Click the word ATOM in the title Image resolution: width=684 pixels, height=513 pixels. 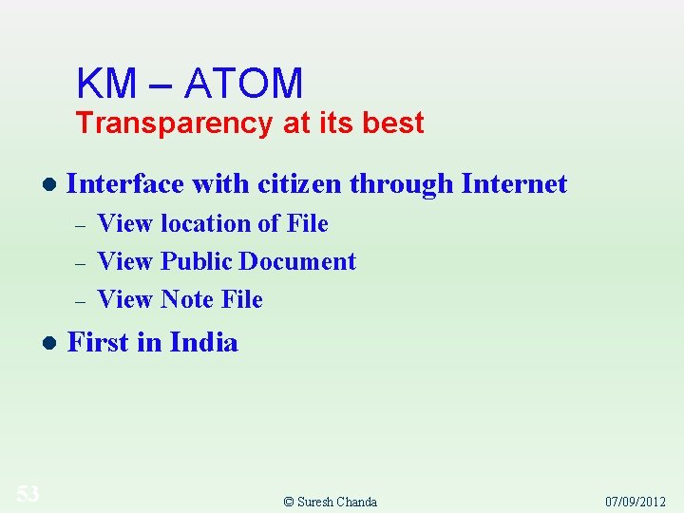pyautogui.click(x=244, y=84)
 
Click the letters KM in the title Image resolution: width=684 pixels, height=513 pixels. pyautogui.click(x=106, y=84)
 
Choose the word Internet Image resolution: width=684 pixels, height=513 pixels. pyautogui.click(x=514, y=183)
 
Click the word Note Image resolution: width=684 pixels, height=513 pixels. pyautogui.click(x=187, y=299)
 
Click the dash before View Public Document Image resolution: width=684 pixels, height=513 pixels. pyautogui.click(x=81, y=263)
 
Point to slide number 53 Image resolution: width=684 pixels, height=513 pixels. pyautogui.click(x=28, y=493)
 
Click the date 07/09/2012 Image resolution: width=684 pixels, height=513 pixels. pyautogui.click(x=636, y=502)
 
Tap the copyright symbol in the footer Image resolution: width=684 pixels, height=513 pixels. pyautogui.click(x=289, y=502)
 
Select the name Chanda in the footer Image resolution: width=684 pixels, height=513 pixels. pyautogui.click(x=356, y=502)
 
